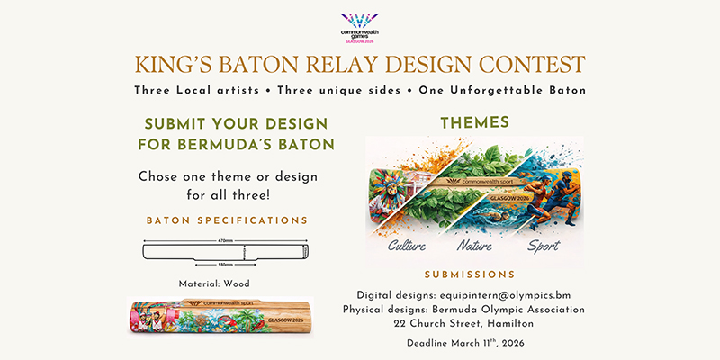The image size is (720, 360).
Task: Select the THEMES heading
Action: [x=474, y=122]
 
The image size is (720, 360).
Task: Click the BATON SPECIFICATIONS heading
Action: [x=228, y=220]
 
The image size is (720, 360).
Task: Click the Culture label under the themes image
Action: [x=406, y=246]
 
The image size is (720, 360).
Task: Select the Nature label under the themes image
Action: [x=476, y=246]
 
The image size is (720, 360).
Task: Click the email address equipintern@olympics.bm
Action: [x=524, y=293]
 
